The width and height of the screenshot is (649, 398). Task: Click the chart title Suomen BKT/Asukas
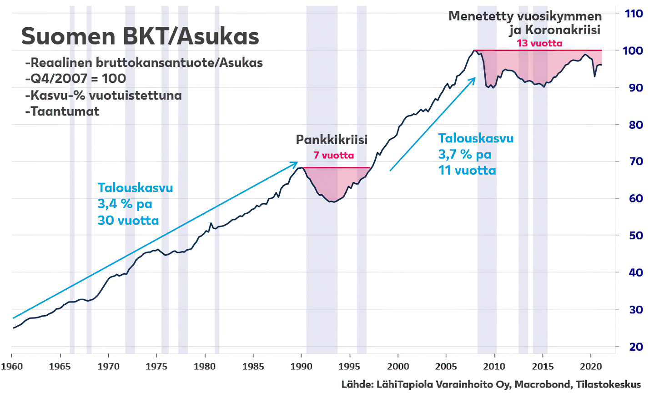coord(140,36)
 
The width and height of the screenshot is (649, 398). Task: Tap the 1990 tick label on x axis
coord(301,367)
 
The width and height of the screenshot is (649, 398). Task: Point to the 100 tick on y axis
coord(632,50)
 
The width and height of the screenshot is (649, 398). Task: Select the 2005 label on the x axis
coord(446,367)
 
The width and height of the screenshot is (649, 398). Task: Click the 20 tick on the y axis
coord(636,347)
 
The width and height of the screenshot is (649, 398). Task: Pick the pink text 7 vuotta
coord(333,156)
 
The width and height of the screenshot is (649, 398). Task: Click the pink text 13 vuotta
coord(539,44)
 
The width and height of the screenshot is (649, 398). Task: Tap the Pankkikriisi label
coord(332,140)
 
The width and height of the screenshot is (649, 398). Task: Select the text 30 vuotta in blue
coord(128,221)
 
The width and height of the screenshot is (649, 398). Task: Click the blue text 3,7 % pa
coord(465,155)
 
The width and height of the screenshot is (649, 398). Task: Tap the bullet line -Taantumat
coord(62,111)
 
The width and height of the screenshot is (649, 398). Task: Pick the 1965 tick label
coord(60,367)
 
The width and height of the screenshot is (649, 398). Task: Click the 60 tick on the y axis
coord(636,198)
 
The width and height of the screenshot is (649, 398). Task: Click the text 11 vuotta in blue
coord(467,171)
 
